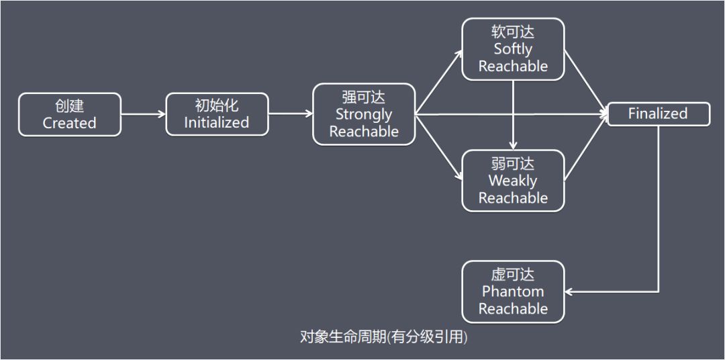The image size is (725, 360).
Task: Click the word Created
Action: (70, 123)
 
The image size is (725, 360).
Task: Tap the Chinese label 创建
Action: (70, 106)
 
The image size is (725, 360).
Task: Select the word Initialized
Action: (216, 122)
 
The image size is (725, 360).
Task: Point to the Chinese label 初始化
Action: (216, 105)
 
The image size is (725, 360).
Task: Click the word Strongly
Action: (364, 114)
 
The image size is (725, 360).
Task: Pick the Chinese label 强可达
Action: (364, 97)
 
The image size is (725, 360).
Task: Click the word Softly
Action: (513, 49)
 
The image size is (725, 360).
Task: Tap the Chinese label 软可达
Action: (513, 32)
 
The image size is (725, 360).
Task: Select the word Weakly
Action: (513, 181)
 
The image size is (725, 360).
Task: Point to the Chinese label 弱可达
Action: (513, 163)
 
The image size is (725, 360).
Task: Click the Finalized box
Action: (658, 114)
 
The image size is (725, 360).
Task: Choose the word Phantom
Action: (513, 291)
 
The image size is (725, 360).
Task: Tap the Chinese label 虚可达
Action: (513, 275)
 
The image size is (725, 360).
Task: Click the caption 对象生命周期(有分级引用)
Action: (383, 336)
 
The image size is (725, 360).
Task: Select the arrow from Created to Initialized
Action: (144, 114)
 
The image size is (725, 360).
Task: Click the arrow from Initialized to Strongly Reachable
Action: (291, 114)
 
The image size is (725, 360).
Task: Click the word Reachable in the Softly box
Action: (513, 66)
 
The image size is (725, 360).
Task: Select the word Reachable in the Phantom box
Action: (513, 309)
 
